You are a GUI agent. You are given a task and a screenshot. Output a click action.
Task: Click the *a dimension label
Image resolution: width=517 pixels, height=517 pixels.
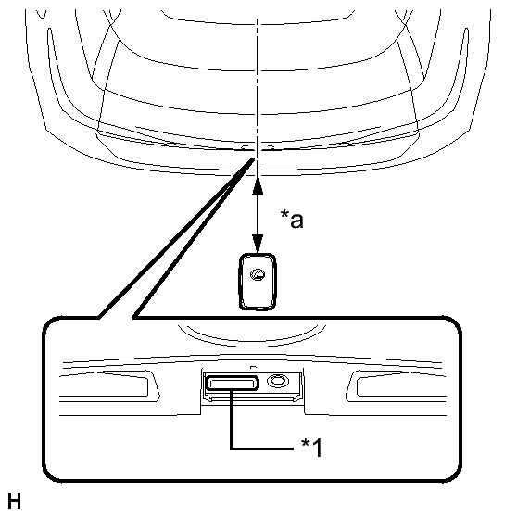pos(292,219)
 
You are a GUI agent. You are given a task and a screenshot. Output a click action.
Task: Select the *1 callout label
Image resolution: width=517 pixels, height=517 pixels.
pos(311,447)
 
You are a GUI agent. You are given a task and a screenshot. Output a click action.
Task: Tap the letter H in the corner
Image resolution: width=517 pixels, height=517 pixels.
pos(14,501)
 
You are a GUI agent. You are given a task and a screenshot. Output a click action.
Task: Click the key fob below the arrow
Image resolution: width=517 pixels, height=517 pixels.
pos(258,282)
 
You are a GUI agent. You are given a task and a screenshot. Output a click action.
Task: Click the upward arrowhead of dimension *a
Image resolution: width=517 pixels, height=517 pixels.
pos(258,187)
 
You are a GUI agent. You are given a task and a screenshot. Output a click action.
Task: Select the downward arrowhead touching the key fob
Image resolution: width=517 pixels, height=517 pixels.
pos(258,244)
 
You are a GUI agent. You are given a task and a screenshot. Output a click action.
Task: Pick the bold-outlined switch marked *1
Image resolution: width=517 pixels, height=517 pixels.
pos(233,383)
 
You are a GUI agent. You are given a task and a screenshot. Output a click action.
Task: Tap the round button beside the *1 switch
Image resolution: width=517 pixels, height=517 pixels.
pos(278,381)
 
